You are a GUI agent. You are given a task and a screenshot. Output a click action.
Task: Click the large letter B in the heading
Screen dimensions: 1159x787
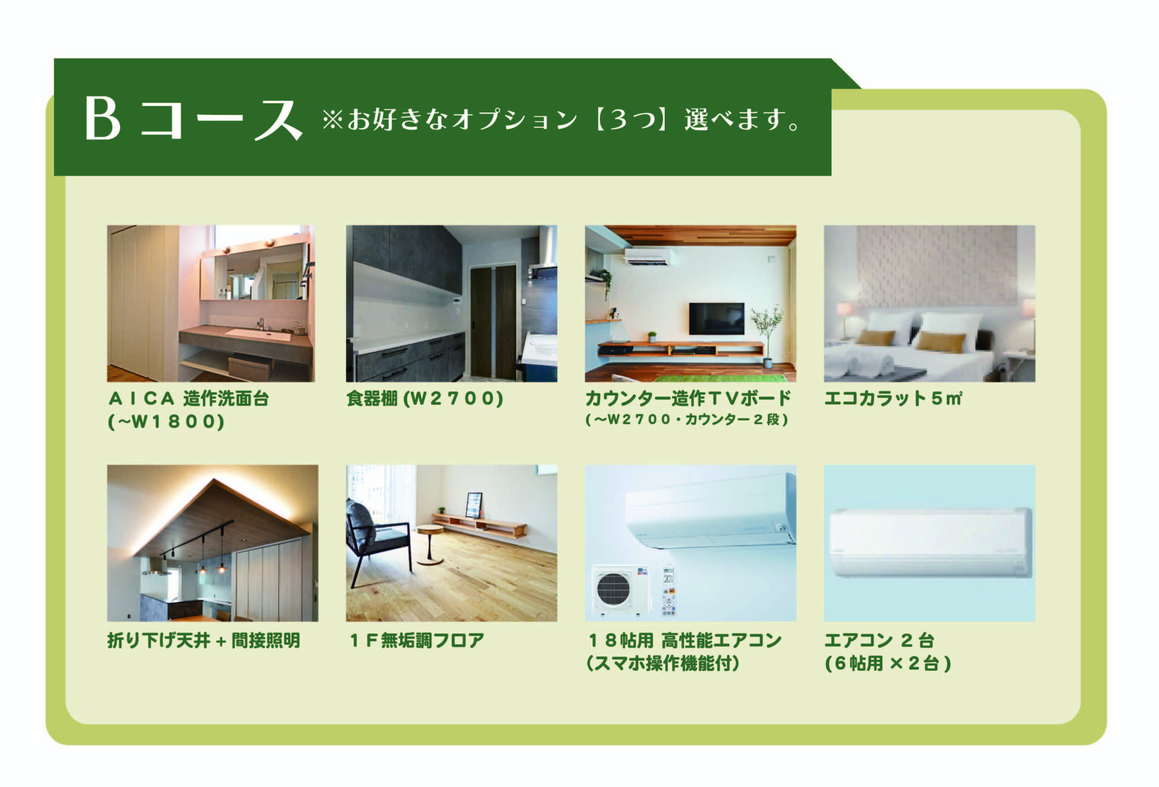(x=103, y=118)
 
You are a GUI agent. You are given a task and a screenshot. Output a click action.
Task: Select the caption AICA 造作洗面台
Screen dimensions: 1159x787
(x=188, y=398)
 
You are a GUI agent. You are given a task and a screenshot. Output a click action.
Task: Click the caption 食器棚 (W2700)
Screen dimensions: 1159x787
(x=424, y=398)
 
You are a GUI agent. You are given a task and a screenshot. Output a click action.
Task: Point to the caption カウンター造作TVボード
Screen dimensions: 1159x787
(x=688, y=398)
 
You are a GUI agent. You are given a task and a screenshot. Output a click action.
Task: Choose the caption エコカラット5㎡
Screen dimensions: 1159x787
(x=893, y=398)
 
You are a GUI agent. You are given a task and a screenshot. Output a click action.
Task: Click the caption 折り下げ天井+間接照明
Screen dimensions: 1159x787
(x=203, y=640)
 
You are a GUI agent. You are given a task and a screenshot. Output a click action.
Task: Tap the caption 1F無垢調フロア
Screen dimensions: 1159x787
(x=417, y=640)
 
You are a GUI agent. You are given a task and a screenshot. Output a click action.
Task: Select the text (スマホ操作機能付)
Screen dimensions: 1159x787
(x=663, y=663)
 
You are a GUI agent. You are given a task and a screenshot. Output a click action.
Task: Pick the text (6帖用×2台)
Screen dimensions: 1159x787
(x=888, y=663)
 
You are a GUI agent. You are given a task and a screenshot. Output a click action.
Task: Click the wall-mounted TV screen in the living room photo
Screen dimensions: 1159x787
(x=716, y=318)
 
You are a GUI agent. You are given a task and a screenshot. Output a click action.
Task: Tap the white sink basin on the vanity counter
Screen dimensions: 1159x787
(x=257, y=334)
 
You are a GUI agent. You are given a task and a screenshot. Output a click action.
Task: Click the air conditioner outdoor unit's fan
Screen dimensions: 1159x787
(x=613, y=590)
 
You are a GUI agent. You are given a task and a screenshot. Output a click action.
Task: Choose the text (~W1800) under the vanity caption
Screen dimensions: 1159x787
(x=166, y=422)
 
